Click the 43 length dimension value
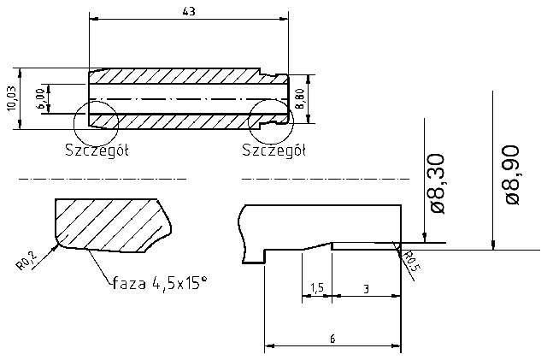pos(188,11)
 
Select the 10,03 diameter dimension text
pos(10,98)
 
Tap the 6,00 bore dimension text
pos(40,98)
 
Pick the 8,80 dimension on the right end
pos(299,98)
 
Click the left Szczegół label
pos(97,150)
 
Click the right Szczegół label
pos(273,150)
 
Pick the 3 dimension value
pos(366,290)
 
